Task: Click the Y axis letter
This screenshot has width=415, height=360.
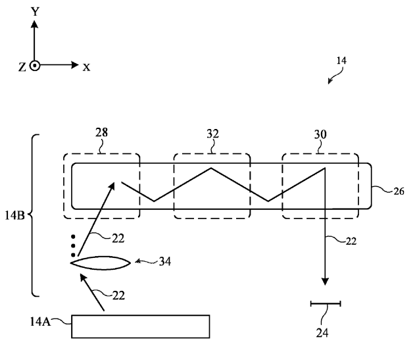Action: [x=35, y=12]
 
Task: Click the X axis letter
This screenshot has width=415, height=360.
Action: [x=86, y=68]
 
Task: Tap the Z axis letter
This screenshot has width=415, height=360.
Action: [x=22, y=67]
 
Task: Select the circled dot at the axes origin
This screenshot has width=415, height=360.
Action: [x=34, y=65]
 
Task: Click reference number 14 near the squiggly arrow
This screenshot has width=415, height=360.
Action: [x=341, y=61]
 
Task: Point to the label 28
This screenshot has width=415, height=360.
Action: [x=102, y=132]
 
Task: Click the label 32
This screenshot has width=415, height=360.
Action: [x=213, y=134]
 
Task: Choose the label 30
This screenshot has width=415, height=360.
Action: [x=320, y=134]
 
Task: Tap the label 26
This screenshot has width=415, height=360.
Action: [x=399, y=192]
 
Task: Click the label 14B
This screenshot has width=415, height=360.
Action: [x=14, y=216]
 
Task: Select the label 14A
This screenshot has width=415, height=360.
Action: [x=40, y=322]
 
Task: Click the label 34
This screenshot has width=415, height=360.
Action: [x=165, y=262]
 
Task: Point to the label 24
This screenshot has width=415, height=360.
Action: [x=322, y=333]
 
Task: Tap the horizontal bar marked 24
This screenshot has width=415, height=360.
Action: [x=326, y=304]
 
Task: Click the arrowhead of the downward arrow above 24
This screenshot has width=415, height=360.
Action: [x=325, y=281]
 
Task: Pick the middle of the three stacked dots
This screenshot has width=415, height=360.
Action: [x=73, y=245]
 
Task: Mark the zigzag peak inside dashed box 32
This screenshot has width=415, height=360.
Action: [x=211, y=168]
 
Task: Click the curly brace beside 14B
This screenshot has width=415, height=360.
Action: [x=32, y=215]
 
